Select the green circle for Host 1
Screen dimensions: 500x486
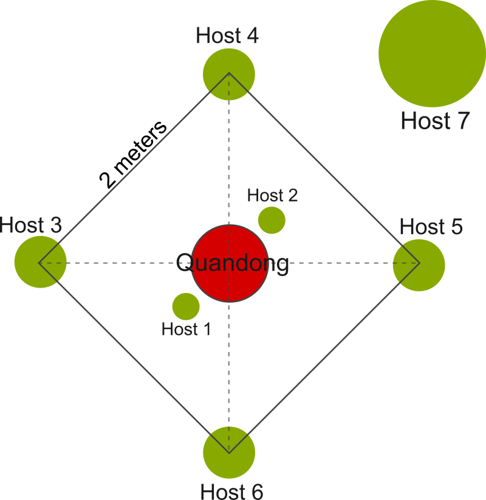(186, 306)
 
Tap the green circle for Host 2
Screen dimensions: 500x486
(272, 220)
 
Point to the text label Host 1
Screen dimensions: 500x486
(186, 329)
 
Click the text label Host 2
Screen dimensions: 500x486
(273, 195)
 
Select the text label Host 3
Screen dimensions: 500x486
(31, 226)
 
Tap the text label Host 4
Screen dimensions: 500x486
(228, 36)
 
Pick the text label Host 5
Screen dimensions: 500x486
(431, 227)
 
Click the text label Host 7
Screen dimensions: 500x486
(435, 121)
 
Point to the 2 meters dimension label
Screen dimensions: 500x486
(133, 155)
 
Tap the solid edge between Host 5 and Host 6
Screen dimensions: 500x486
(324, 358)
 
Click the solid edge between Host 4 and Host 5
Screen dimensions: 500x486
(324, 169)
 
